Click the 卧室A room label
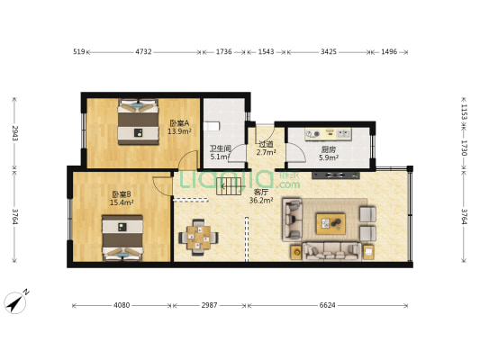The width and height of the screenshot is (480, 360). pos(179,122)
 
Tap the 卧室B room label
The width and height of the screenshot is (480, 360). pos(122,194)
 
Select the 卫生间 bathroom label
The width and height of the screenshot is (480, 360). pos(221,148)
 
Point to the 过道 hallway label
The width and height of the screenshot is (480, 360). pos(266,144)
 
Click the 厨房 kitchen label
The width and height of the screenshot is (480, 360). pos(329,149)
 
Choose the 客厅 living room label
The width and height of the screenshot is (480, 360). pos(261,193)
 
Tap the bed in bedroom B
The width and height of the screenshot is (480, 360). pos(122,237)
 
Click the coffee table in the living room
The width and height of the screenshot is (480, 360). pos(329,221)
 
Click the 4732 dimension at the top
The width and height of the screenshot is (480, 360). pos(143,52)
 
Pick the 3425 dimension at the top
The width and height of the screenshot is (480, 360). pos(328,52)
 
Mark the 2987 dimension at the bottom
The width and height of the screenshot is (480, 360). pos(208,305)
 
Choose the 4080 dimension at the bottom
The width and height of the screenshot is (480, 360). pos(122,305)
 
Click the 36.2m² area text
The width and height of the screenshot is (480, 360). pos(261,201)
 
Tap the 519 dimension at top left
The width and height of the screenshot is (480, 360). pos(78,52)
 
